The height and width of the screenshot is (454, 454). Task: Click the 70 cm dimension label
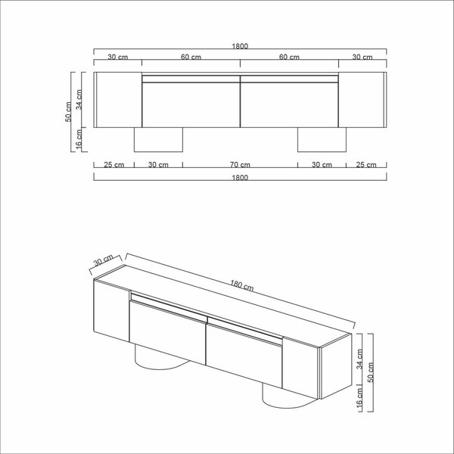240,164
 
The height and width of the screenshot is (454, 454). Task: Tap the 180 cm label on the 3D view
242,286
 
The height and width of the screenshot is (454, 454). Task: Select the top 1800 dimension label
240,46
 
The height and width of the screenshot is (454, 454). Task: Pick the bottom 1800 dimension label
240,178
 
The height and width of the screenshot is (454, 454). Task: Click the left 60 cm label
191,57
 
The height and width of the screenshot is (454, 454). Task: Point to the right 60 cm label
289,57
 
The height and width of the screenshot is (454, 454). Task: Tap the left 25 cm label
113,164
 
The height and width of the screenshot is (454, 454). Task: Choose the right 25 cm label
366,164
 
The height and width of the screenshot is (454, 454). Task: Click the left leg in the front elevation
158,139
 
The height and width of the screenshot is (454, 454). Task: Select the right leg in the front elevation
322,139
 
